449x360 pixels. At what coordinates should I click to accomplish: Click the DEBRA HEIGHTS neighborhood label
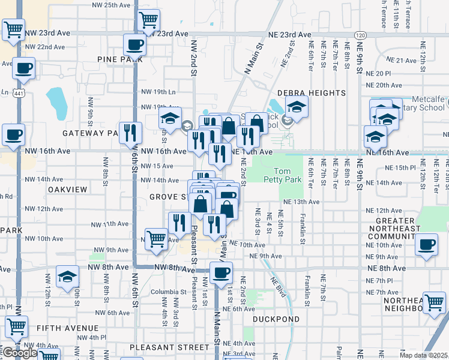(312, 93)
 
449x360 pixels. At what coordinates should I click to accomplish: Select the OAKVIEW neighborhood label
(68, 189)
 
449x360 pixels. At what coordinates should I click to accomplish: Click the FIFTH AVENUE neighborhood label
(67, 328)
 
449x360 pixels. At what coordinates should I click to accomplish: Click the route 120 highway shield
(360, 35)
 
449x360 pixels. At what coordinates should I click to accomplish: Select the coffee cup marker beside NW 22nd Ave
(134, 44)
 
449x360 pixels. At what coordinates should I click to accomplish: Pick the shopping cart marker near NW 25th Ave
(148, 20)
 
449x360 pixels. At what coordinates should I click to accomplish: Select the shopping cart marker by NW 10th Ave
(156, 238)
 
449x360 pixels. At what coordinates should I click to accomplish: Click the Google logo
(19, 353)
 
